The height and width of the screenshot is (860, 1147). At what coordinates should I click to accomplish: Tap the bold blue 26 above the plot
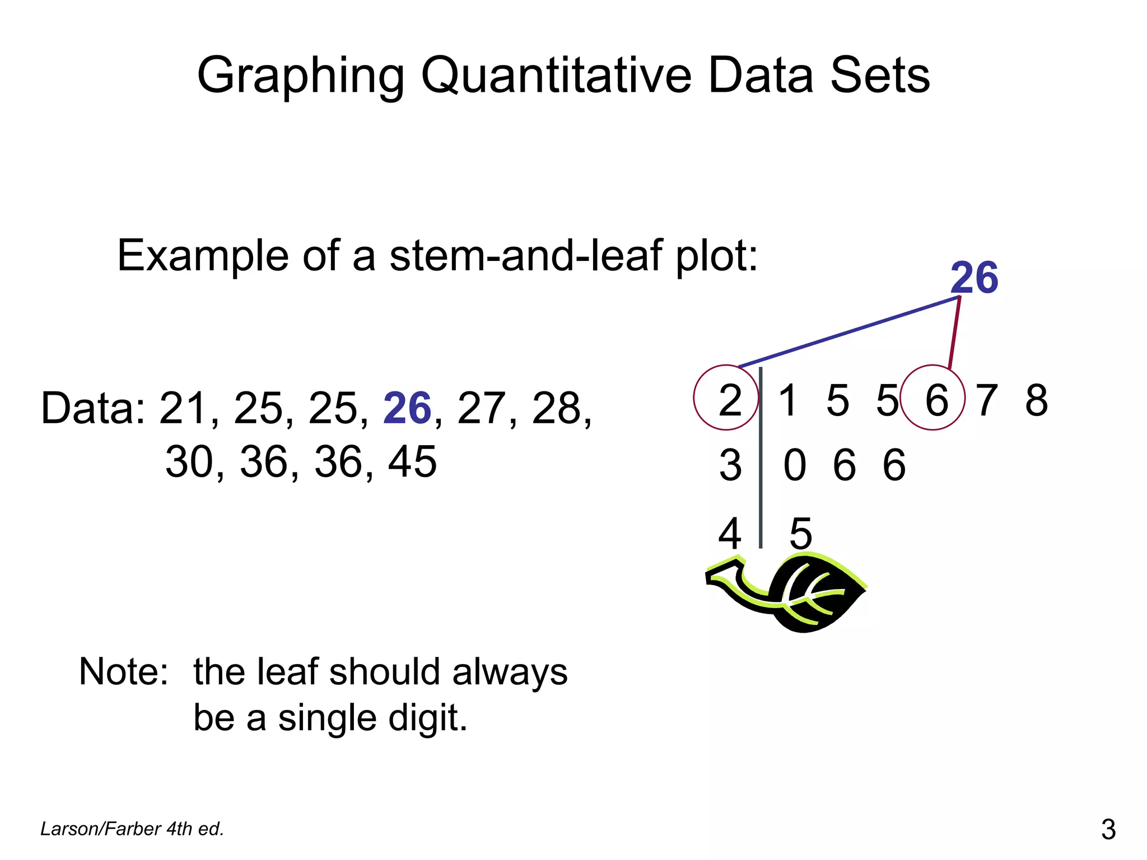[x=974, y=278]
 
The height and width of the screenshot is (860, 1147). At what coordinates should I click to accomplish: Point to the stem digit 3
[x=730, y=465]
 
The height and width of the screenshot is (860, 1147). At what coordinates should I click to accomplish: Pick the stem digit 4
[x=730, y=533]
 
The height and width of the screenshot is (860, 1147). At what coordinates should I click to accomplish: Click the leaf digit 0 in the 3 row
[x=795, y=465]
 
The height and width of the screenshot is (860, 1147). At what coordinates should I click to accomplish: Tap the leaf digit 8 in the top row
[x=1036, y=400]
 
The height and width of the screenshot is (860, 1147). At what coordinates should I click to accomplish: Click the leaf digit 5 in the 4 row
[x=800, y=533]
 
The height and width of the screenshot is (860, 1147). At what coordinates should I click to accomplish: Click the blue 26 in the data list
[x=407, y=408]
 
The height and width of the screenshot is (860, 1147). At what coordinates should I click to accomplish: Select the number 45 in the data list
[x=412, y=461]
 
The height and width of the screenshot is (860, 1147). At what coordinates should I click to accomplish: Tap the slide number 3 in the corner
[x=1108, y=829]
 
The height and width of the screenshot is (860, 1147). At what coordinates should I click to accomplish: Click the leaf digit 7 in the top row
[x=987, y=400]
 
